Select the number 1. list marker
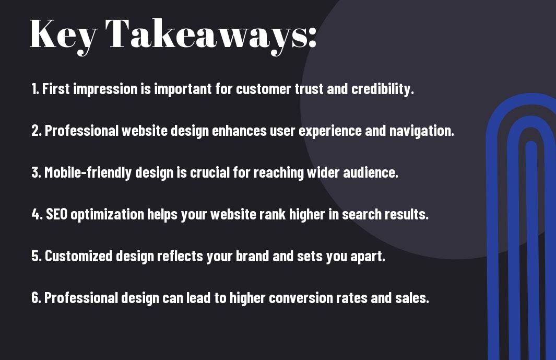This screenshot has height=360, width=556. [x=35, y=88]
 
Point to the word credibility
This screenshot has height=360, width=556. [x=383, y=89]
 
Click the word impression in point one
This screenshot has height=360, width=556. [x=105, y=89]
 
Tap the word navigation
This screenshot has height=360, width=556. [x=422, y=131]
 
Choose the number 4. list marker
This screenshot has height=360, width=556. [x=37, y=214]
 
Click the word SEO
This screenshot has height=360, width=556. [x=57, y=214]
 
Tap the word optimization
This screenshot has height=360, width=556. [x=107, y=215]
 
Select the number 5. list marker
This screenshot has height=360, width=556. [x=37, y=256]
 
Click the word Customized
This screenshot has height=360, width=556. [x=79, y=256]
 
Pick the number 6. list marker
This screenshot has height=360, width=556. [x=37, y=297]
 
